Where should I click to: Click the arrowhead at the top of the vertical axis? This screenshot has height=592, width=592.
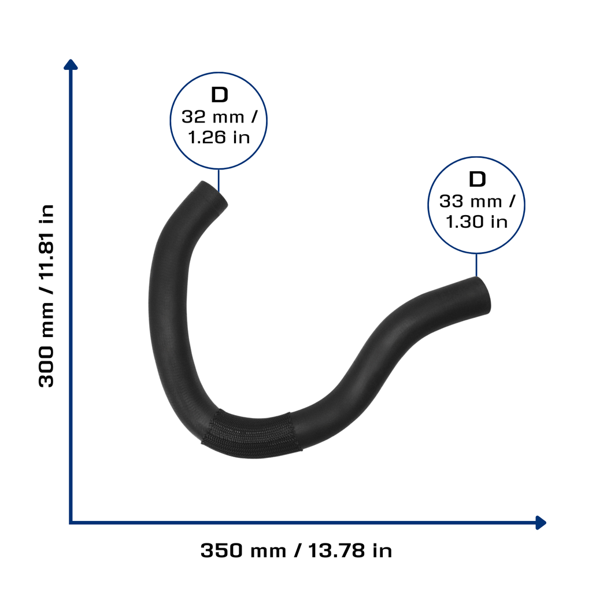coord(71,65)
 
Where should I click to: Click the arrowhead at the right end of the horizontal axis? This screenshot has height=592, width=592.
coord(541,523)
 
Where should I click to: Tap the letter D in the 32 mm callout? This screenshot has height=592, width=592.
coord(219,95)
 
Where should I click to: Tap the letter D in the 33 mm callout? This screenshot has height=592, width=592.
coord(477,179)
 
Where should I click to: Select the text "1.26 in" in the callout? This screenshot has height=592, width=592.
coord(219,138)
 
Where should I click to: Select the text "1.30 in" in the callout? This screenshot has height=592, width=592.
coord(476,222)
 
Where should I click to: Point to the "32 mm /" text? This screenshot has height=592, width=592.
coord(219,117)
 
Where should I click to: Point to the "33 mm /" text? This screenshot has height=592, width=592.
coord(477,201)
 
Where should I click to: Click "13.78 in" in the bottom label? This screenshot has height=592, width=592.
coord(350,551)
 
